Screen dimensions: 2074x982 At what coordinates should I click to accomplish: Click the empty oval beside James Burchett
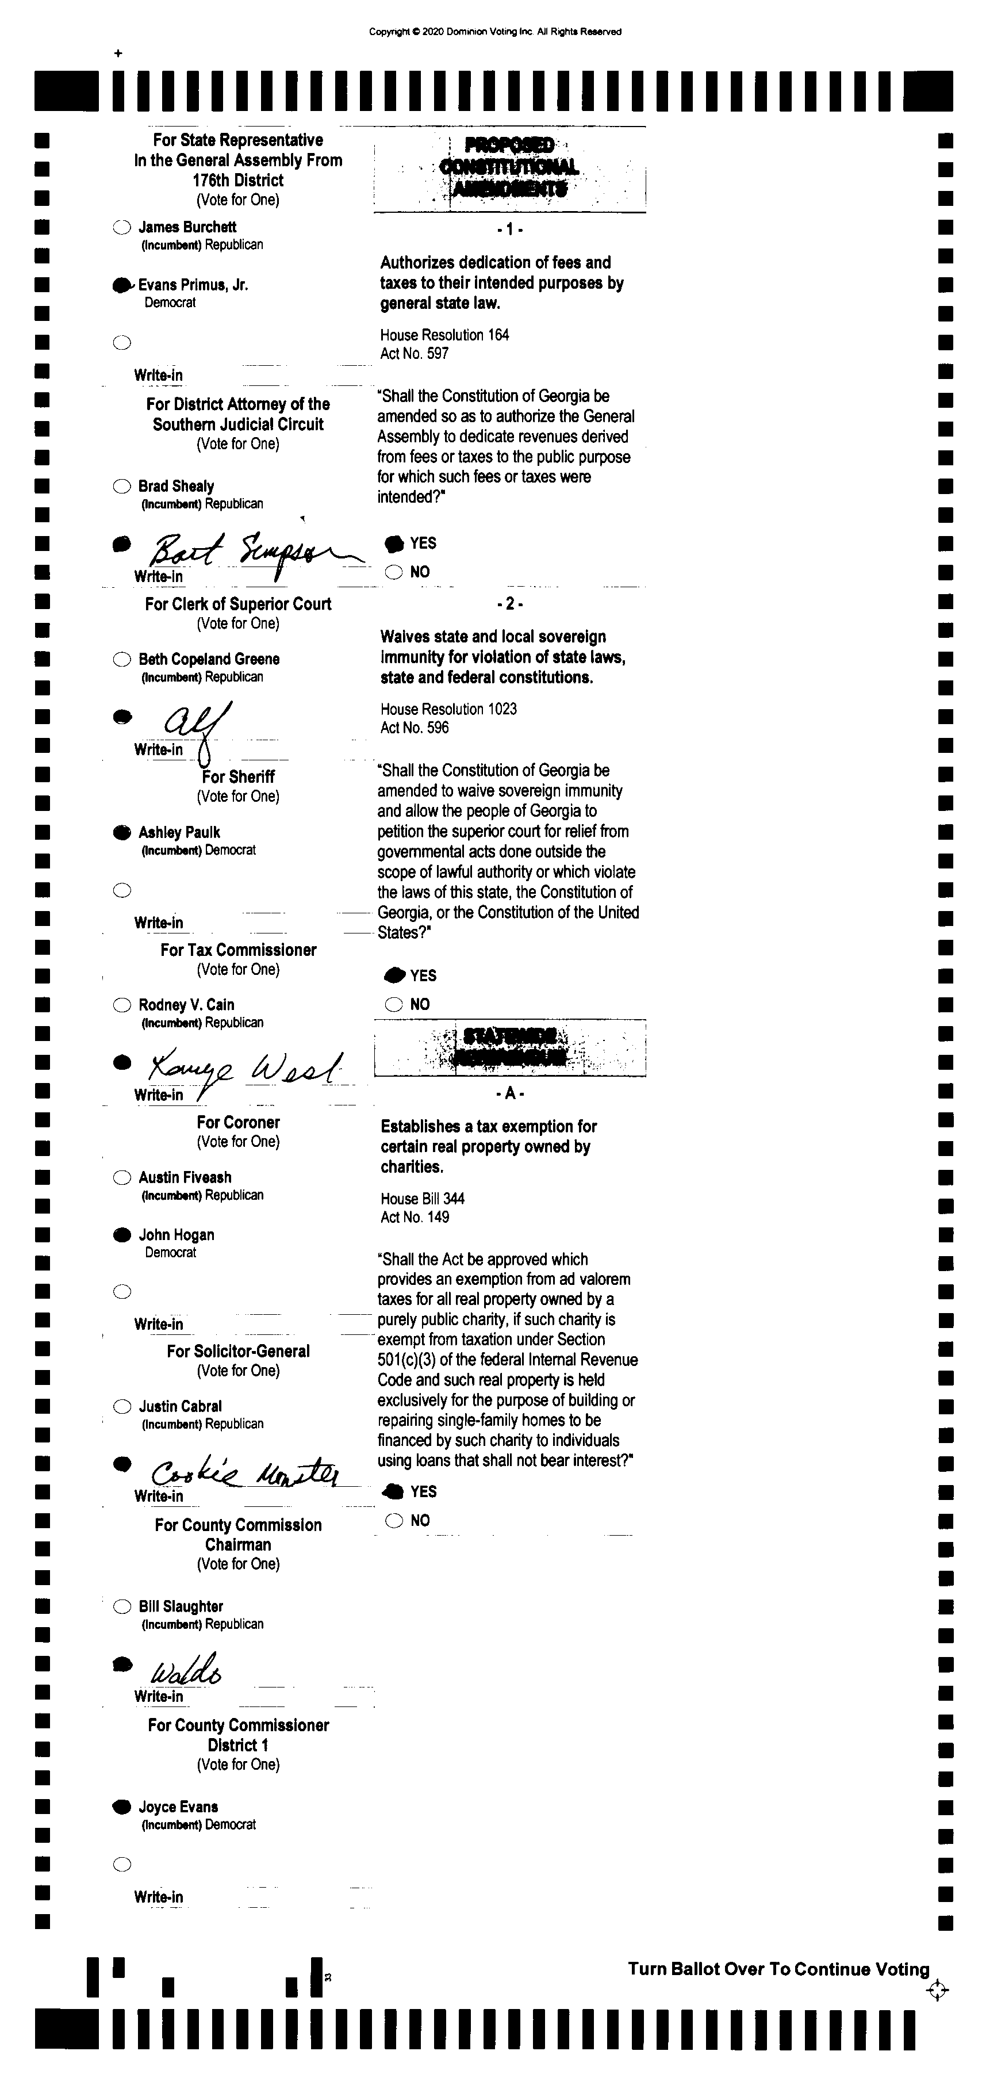pyautogui.click(x=121, y=228)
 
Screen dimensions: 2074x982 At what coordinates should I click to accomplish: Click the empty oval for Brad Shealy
pyautogui.click(x=121, y=487)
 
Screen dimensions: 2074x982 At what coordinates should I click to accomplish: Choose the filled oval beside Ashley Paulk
pyautogui.click(x=121, y=832)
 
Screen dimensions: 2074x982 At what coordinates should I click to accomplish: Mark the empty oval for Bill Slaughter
pyautogui.click(x=121, y=1606)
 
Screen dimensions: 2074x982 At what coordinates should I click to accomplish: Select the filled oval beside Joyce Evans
pyautogui.click(x=121, y=1807)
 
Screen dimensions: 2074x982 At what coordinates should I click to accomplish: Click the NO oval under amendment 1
pyautogui.click(x=394, y=572)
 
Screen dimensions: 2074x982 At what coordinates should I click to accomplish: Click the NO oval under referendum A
pyautogui.click(x=394, y=1521)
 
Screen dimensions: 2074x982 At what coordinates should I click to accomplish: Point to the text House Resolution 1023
pyautogui.click(x=448, y=709)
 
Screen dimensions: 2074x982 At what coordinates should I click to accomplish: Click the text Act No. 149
pyautogui.click(x=415, y=1218)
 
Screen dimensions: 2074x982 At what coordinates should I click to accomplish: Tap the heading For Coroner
pyautogui.click(x=238, y=1122)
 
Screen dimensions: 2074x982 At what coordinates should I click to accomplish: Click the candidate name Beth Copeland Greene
pyautogui.click(x=209, y=659)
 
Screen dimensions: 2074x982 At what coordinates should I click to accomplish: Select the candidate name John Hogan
pyautogui.click(x=177, y=1235)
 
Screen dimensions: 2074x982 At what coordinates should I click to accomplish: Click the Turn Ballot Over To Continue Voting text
pyautogui.click(x=778, y=1969)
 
